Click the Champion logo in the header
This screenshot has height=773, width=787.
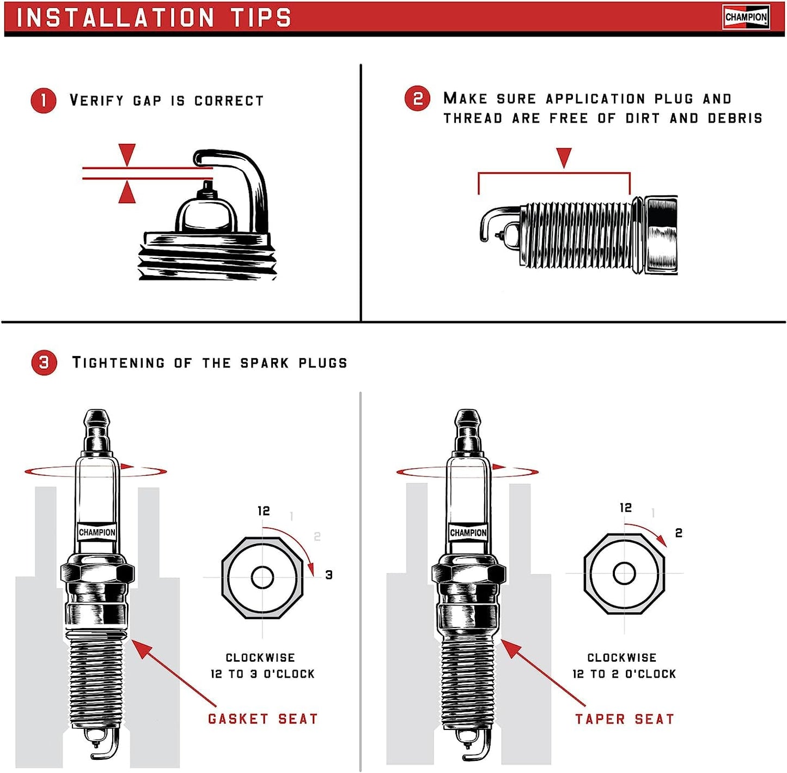point(746,17)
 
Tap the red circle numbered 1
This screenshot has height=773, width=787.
point(44,101)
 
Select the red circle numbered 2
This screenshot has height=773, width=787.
point(418,99)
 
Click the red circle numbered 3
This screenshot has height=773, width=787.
point(44,363)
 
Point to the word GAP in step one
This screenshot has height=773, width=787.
point(147,101)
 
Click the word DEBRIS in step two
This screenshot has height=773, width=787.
point(735,118)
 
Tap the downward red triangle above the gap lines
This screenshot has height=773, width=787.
point(127,154)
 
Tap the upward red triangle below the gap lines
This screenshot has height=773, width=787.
point(127,193)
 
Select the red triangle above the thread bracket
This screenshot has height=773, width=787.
point(564,157)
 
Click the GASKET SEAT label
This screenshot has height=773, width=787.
point(263,719)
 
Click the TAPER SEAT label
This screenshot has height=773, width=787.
point(625,719)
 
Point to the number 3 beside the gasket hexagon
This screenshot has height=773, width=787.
point(328,575)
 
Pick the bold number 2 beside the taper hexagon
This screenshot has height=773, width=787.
point(679,533)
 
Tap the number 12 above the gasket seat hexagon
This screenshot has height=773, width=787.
point(264,511)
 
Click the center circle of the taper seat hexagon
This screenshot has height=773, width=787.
point(624,573)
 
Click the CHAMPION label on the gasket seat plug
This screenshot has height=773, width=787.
point(97,532)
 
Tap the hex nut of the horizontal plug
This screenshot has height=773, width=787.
point(661,235)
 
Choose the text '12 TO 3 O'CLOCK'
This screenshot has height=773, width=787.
point(263,674)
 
